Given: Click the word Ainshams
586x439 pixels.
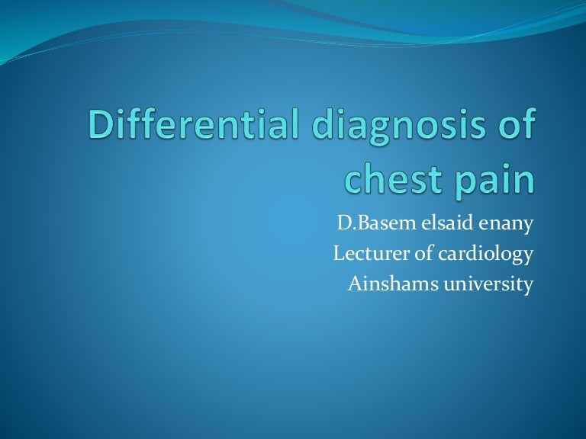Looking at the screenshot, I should (x=383, y=284).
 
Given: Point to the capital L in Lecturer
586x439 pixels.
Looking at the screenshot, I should (x=340, y=255).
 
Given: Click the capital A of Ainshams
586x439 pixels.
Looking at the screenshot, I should (x=354, y=284).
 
